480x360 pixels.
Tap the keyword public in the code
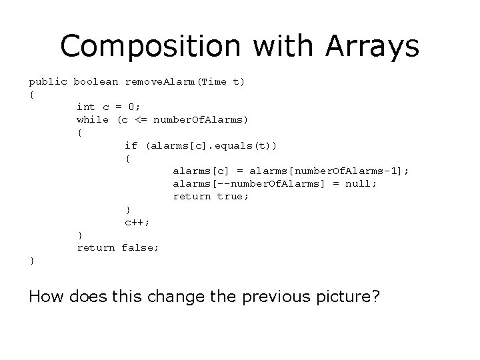(48, 82)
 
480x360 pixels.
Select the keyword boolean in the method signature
(96, 82)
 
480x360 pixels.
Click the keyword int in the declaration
(85, 107)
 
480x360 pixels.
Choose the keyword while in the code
(92, 119)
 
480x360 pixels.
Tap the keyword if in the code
(131, 145)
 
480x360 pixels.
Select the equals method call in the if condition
(203, 145)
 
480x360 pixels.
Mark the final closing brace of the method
(31, 261)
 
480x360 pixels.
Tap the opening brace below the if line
(127, 158)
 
